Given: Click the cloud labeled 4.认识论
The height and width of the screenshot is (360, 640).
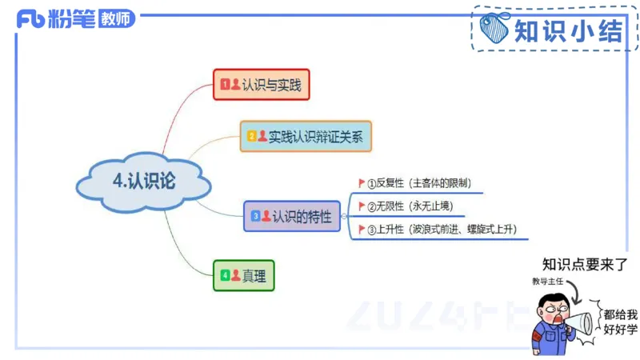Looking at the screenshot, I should (x=144, y=182).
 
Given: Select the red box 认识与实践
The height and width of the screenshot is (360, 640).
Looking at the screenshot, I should (x=261, y=84).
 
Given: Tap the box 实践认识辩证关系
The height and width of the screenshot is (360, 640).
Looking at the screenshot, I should (x=306, y=136).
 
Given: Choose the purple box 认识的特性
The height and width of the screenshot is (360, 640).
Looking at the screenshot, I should (x=291, y=216).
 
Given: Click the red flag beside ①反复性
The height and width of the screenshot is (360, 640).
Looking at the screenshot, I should (x=362, y=182).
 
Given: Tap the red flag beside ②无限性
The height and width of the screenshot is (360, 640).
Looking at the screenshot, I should (x=362, y=206).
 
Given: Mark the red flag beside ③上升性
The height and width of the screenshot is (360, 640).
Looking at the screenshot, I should (x=362, y=230).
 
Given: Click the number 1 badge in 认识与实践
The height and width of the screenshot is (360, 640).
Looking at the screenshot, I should (x=225, y=84).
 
